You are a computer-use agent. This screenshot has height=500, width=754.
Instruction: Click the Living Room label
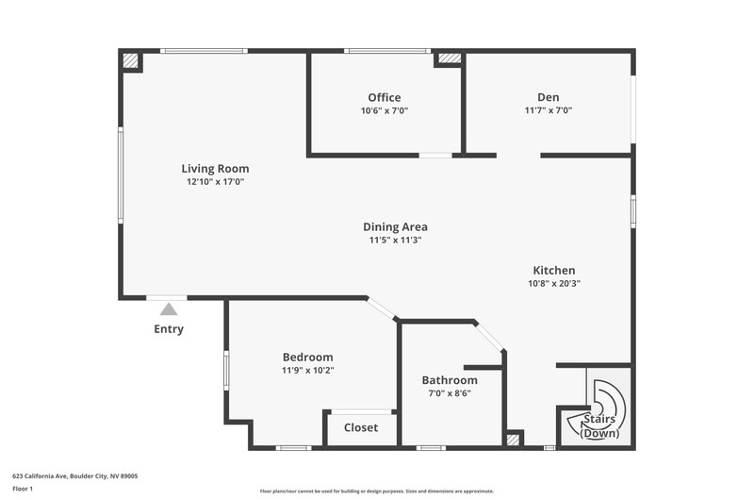215,169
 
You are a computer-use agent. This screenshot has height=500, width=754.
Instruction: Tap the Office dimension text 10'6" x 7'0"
385,110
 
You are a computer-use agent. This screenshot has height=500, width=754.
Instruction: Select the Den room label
549,97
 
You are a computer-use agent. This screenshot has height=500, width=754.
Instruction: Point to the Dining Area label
395,226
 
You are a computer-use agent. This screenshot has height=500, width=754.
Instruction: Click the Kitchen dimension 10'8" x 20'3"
554,283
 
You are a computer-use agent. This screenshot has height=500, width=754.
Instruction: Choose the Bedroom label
308,357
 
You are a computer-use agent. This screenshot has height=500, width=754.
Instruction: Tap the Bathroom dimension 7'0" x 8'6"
450,393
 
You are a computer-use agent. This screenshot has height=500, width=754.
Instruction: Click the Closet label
361,427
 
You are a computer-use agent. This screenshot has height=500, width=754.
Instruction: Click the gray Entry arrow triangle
169,309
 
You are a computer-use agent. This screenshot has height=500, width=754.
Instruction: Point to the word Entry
169,329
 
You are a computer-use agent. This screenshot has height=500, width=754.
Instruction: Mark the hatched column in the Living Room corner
130,60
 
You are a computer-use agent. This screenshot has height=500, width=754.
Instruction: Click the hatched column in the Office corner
450,58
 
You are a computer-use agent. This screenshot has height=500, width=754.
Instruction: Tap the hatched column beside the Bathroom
513,440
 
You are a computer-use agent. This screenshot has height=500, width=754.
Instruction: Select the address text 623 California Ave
40,476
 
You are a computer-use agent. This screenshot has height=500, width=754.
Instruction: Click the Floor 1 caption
23,489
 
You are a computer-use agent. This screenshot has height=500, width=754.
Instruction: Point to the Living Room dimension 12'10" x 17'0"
216,182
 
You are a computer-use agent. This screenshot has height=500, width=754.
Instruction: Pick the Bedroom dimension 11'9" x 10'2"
308,371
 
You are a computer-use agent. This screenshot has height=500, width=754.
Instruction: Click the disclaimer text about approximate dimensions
377,492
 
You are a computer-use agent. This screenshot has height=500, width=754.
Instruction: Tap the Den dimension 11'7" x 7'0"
549,110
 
